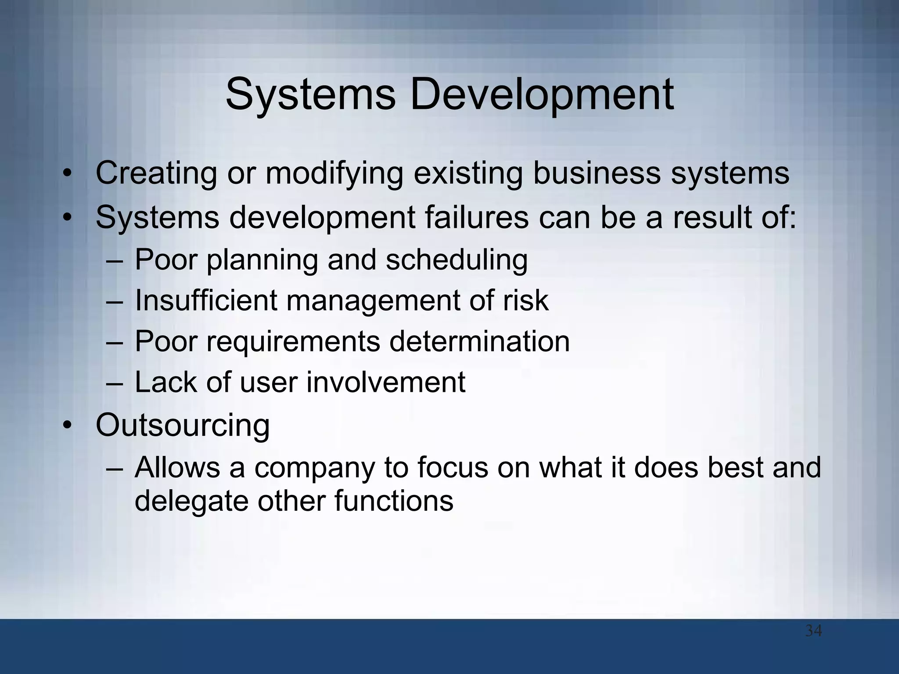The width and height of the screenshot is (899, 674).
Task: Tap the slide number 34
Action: tap(813, 631)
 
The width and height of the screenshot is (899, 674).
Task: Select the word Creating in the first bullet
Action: tap(156, 174)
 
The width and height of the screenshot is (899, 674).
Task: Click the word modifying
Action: tap(334, 174)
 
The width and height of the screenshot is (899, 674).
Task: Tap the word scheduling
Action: tap(457, 260)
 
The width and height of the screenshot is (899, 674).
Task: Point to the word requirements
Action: tap(293, 342)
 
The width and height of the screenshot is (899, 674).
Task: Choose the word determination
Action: tap(479, 342)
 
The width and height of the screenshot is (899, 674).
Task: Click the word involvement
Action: tap(385, 382)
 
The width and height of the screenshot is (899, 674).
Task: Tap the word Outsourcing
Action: tap(183, 426)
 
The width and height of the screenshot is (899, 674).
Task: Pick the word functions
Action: tap(394, 501)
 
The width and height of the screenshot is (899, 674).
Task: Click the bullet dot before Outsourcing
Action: tap(67, 427)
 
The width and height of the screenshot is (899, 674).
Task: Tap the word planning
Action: tap(262, 260)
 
